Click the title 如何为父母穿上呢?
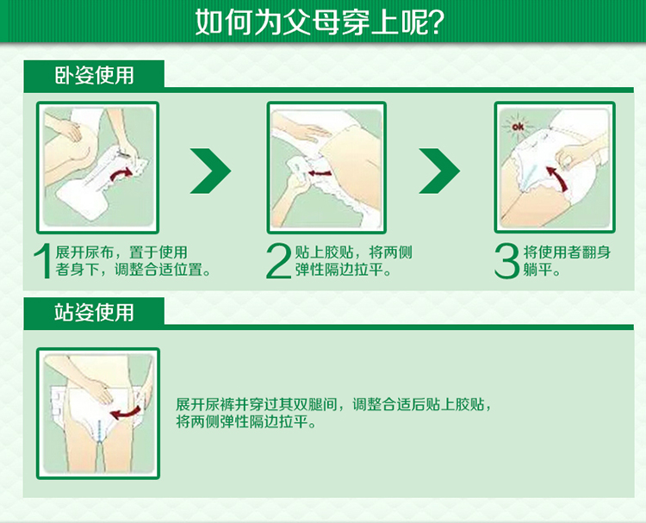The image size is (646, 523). [x=320, y=22]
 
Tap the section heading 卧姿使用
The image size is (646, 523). [x=95, y=76]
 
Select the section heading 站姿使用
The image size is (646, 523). [x=95, y=313]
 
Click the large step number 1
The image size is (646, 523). [x=43, y=261]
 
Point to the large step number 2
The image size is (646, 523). [x=278, y=261]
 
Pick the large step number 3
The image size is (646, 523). [x=506, y=261]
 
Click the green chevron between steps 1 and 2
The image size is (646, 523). [x=210, y=171]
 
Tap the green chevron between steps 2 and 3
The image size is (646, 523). [x=439, y=171]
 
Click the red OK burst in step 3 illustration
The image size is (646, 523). [x=518, y=127]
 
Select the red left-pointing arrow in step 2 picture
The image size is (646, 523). [x=320, y=172]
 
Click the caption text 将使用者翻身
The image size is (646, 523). [x=567, y=252]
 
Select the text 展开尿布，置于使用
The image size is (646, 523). [x=121, y=252]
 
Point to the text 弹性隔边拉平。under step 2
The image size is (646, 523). [x=343, y=270]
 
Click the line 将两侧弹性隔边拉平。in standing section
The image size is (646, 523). [x=246, y=422]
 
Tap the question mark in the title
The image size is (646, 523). [x=436, y=22]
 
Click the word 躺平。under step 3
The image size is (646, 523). [x=542, y=270]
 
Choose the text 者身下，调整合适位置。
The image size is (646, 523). [x=134, y=270]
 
